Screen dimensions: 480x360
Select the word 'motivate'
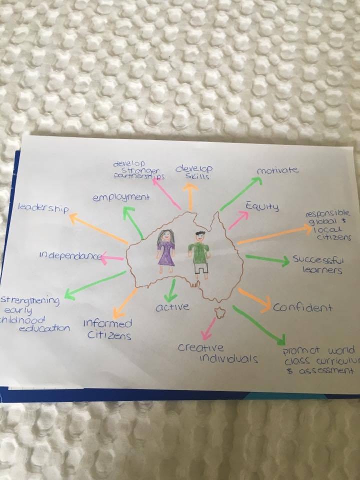(277, 170)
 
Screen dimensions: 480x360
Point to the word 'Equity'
(261, 206)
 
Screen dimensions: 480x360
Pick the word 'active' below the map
(172, 307)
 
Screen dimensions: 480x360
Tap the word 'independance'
(69, 256)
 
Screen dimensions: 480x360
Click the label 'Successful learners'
(317, 265)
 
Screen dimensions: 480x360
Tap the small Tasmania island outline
(219, 312)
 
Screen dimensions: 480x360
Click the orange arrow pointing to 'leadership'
(98, 229)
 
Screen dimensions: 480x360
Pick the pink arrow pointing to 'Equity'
(239, 220)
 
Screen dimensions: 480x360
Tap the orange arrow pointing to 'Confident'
(254, 297)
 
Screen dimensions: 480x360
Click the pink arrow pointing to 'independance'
(112, 257)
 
